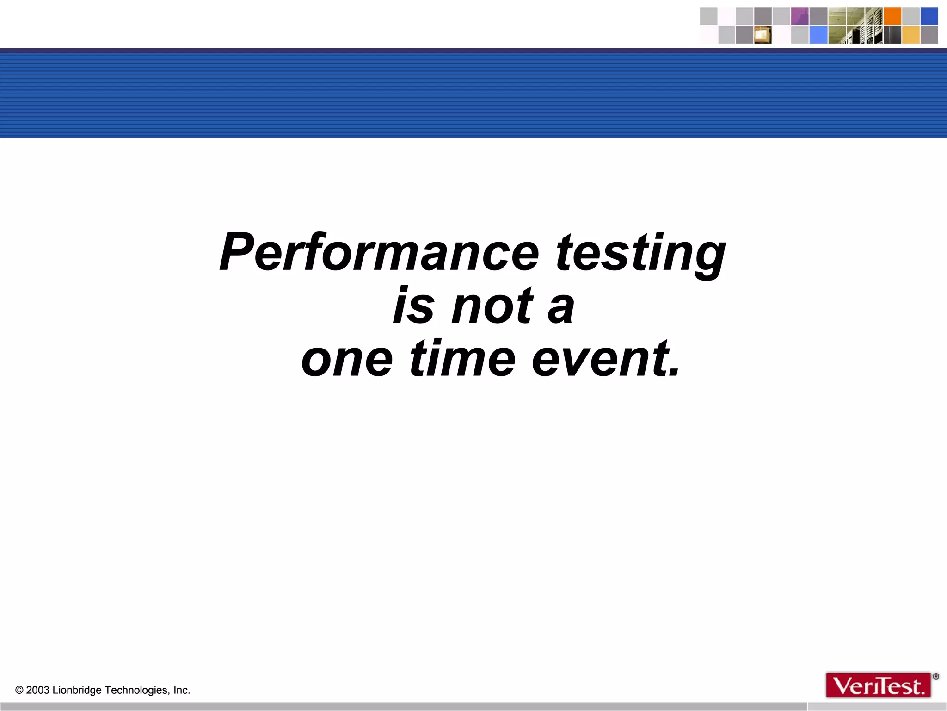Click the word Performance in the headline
click(379, 252)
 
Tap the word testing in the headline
click(640, 254)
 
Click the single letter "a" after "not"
click(561, 307)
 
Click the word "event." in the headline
click(606, 359)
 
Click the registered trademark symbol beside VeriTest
click(936, 676)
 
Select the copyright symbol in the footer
click(19, 690)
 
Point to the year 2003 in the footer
click(37, 690)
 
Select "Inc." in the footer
click(182, 690)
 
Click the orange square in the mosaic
click(892, 16)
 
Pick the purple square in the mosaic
click(799, 16)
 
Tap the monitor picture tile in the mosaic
click(763, 35)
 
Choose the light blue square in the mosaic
click(818, 35)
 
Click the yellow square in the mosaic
click(911, 35)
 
